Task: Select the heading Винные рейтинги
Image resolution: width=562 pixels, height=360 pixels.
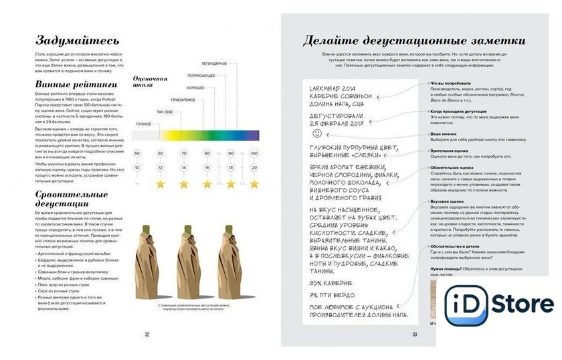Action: tap(76, 85)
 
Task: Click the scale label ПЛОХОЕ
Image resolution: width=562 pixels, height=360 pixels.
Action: tap(143, 124)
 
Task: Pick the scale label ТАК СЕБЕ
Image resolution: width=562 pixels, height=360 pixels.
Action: tap(165, 112)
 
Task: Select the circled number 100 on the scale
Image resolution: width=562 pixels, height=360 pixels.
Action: tap(254, 153)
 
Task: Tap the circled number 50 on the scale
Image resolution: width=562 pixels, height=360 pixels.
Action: tap(136, 153)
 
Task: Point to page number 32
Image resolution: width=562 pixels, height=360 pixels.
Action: tap(147, 334)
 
